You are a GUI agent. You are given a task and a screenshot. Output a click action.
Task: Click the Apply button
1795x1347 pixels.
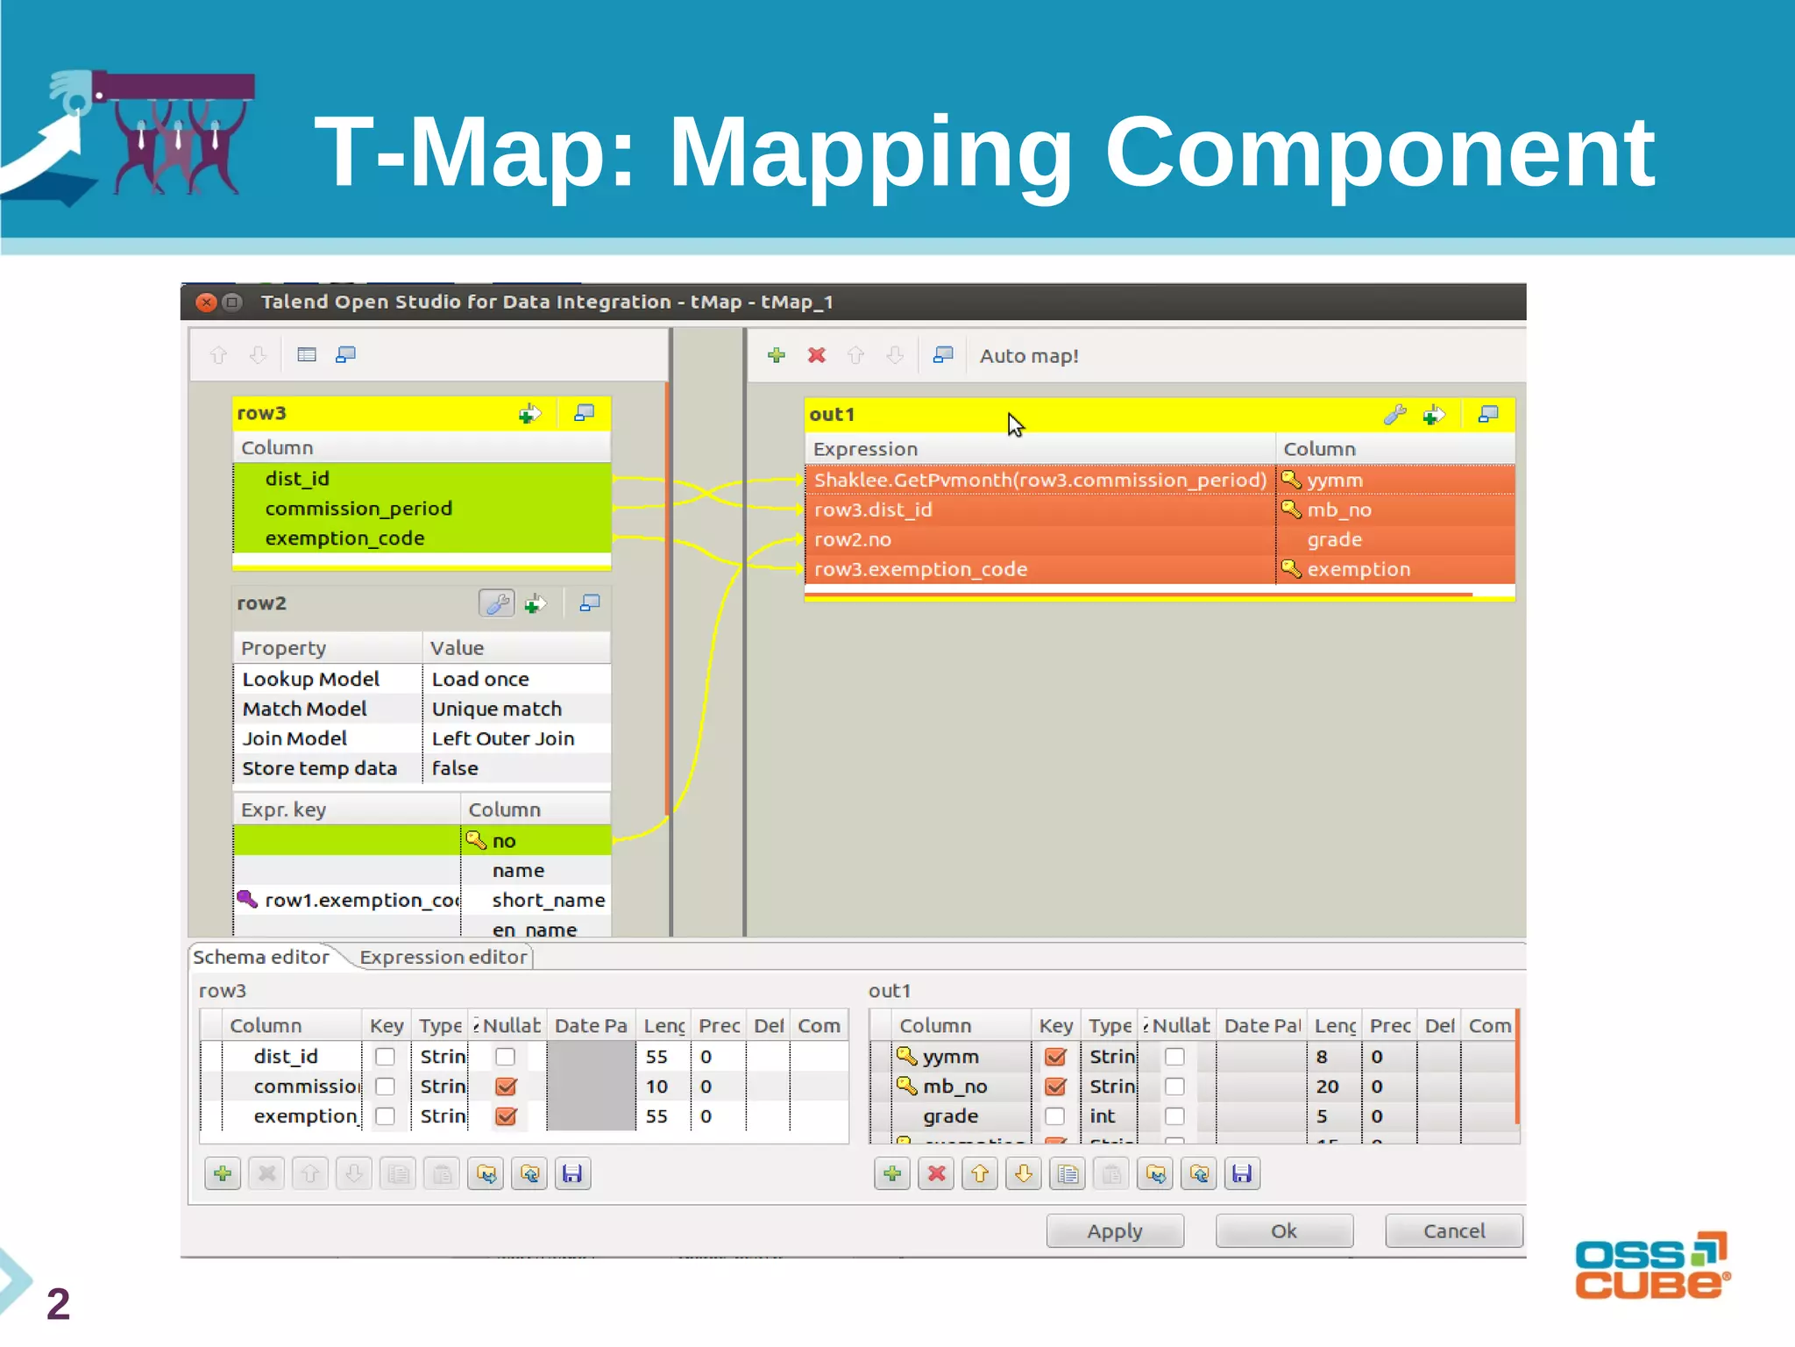1114,1231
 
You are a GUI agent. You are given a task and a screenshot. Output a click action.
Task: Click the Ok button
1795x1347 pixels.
1283,1231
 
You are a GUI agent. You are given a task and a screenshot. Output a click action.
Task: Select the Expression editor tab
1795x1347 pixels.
443,957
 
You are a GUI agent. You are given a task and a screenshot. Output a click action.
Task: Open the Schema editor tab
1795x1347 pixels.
261,957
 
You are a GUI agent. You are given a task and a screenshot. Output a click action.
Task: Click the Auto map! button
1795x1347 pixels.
1029,356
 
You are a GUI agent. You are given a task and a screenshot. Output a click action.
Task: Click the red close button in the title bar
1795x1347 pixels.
206,303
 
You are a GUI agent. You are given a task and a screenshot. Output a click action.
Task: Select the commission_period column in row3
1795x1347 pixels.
358,509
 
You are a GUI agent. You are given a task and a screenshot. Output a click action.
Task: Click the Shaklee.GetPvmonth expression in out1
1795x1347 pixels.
1039,481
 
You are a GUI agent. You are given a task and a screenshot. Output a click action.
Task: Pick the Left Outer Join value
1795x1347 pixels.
503,738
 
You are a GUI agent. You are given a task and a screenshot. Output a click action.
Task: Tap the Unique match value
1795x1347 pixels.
497,709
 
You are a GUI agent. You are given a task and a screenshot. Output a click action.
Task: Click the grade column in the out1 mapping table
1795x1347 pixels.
1334,539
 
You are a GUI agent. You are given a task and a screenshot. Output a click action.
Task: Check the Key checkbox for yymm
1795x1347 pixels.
1055,1057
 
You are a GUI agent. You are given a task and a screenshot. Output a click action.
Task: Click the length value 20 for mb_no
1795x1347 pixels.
1327,1087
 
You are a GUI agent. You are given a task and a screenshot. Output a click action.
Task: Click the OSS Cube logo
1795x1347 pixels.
1651,1266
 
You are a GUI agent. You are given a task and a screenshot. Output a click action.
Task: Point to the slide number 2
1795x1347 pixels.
58,1303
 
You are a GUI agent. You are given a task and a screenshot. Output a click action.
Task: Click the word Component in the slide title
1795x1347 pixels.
1380,153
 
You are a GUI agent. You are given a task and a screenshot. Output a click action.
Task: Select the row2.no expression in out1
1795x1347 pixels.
853,539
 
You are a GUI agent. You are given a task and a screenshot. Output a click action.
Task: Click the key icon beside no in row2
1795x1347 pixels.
476,840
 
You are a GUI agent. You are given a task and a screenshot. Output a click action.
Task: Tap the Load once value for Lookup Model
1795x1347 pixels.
480,679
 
